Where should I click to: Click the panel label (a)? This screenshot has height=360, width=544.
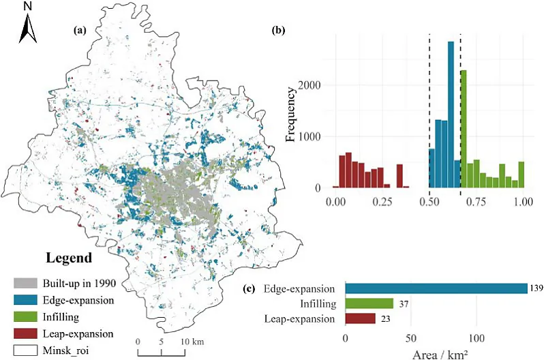80,31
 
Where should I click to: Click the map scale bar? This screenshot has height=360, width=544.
161,352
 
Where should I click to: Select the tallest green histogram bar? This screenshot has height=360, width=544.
464,129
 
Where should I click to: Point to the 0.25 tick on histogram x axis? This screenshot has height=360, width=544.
383,203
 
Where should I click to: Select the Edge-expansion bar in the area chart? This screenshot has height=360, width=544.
436,288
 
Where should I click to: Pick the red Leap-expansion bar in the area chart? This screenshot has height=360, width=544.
361,318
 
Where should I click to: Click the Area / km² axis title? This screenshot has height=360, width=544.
436,354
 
